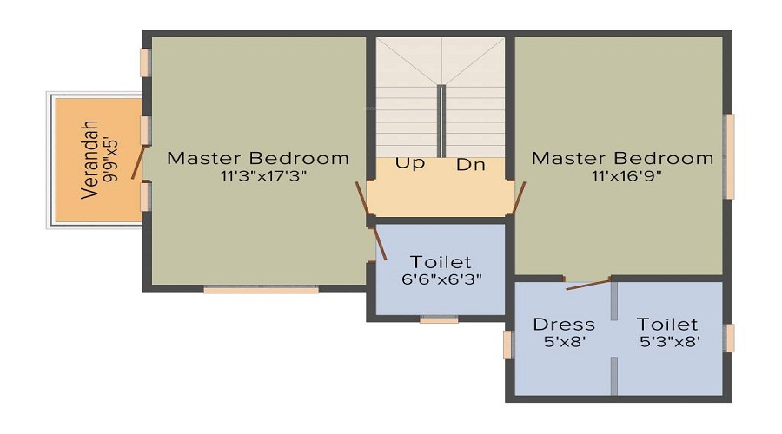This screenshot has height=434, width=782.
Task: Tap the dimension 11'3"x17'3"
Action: [258, 176]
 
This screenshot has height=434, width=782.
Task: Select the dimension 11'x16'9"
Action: [622, 176]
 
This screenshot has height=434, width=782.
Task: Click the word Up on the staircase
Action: [410, 163]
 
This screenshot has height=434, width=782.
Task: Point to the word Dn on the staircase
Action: [471, 164]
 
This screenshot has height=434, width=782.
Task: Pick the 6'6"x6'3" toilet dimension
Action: [441, 279]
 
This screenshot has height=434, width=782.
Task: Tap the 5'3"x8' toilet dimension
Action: [669, 342]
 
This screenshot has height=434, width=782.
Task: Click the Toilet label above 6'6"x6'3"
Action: [441, 262]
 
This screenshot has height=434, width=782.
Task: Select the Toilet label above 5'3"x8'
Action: [669, 325]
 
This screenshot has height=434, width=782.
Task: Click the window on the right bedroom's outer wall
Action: [730, 156]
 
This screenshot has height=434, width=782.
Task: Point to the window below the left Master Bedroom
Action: [261, 290]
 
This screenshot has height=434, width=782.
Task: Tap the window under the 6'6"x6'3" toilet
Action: [439, 319]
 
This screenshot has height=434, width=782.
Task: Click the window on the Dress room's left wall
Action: [507, 345]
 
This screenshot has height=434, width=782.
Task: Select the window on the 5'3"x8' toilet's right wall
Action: [730, 339]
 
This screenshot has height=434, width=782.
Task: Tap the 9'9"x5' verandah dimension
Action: [111, 161]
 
